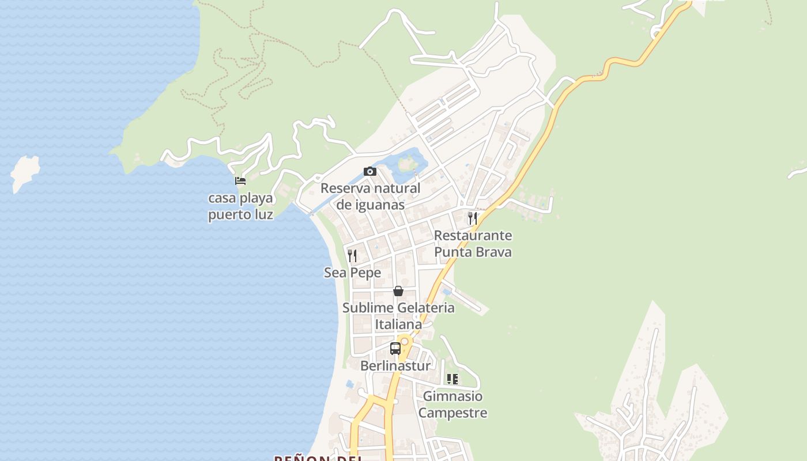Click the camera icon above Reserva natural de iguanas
[x=370, y=172]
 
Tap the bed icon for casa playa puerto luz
[x=240, y=181]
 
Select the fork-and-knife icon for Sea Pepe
[x=352, y=255]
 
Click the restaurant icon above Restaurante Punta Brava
[x=473, y=218]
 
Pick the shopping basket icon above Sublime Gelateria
[x=398, y=291]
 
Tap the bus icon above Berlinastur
[x=395, y=349]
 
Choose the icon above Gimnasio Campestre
[x=452, y=379]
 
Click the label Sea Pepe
[x=352, y=273]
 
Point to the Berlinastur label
[x=395, y=366]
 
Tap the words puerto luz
[x=240, y=216]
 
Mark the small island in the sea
[x=25, y=172]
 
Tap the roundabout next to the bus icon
[x=405, y=342]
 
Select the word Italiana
[x=398, y=324]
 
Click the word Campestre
[x=452, y=413]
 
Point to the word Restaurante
[x=473, y=236]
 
